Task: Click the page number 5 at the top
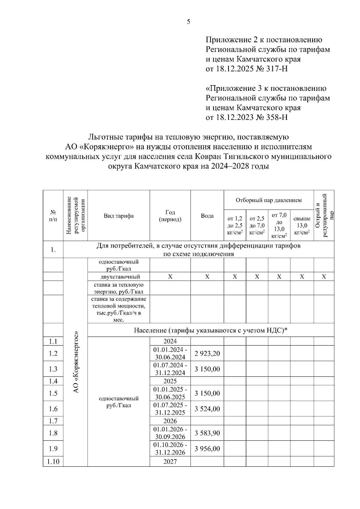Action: click(188, 22)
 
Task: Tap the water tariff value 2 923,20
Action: click(207, 353)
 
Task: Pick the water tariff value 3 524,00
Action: click(207, 409)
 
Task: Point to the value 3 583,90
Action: click(207, 433)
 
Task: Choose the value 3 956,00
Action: click(207, 449)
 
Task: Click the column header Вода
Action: click(207, 216)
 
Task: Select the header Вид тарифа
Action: click(119, 216)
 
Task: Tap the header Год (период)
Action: click(170, 216)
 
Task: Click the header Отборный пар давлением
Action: click(268, 200)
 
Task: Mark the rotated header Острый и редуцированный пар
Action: click(324, 215)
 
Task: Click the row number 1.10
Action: click(53, 462)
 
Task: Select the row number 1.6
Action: click(53, 409)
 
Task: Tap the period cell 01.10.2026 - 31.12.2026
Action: click(170, 449)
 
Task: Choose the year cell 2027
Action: click(170, 462)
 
